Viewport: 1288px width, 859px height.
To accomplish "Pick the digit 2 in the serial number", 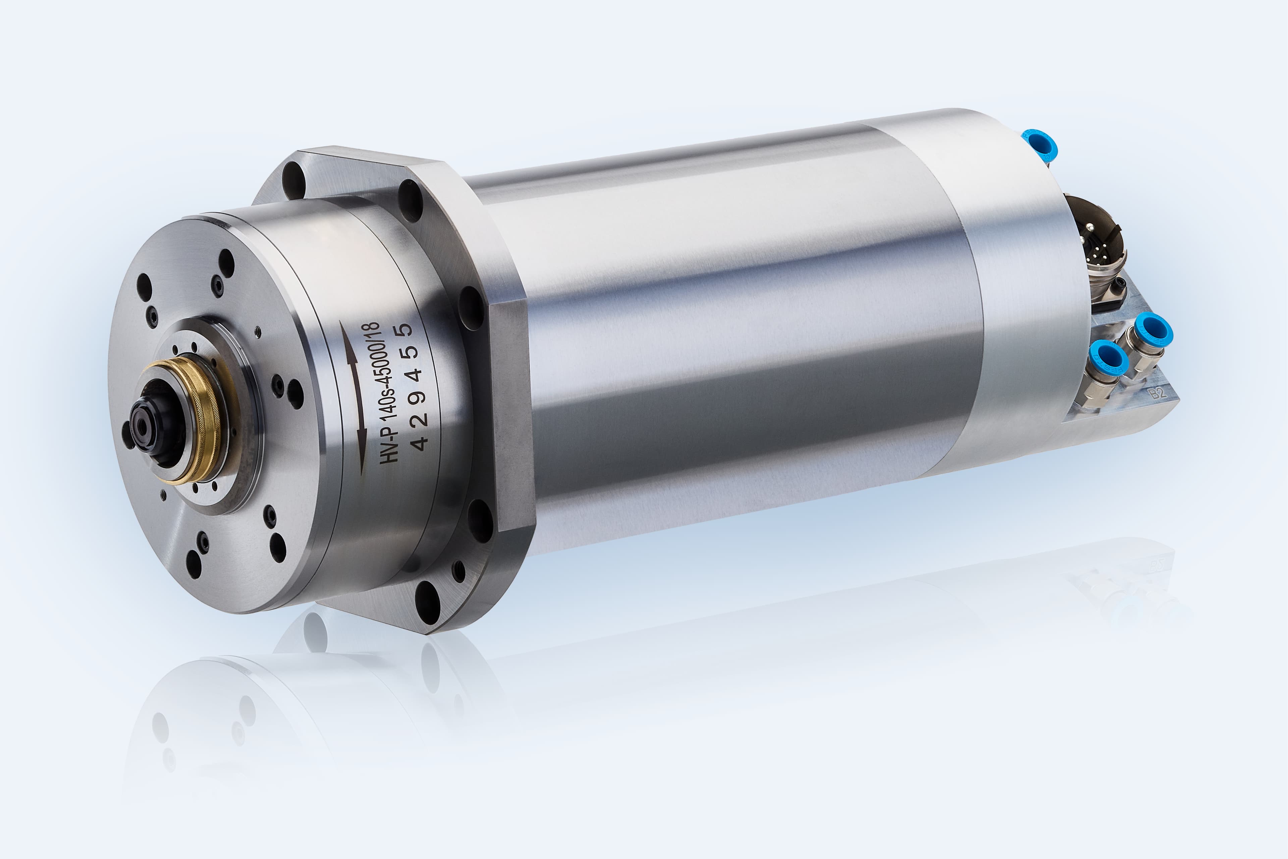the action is [419, 421].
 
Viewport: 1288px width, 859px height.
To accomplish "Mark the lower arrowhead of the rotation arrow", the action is [362, 449].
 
